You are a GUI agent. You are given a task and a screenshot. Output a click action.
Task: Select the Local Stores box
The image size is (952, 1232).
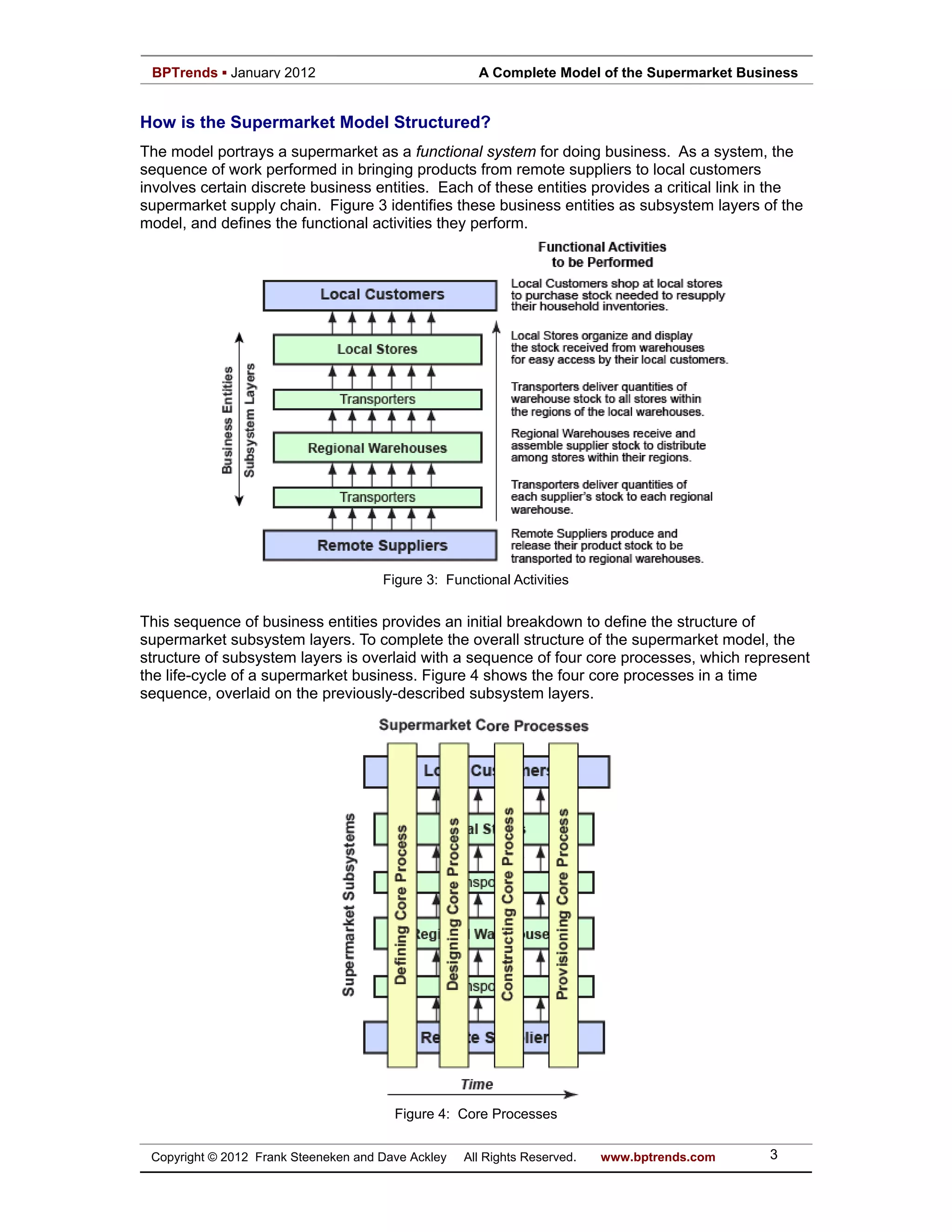coord(377,349)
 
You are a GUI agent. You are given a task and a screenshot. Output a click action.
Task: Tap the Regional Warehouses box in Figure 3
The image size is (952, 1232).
coord(377,448)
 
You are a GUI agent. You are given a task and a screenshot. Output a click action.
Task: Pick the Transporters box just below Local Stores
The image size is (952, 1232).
coord(377,399)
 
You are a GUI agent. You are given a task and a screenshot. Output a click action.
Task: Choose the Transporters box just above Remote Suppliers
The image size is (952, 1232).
coord(377,497)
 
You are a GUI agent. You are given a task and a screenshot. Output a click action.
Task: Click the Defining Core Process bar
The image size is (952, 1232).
coord(402,905)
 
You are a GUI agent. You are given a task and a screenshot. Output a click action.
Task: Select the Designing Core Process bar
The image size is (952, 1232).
coord(453,905)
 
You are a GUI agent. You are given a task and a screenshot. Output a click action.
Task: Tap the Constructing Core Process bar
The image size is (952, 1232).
coord(508,905)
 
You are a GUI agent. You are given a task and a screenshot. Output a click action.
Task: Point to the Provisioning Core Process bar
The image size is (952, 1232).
coord(563,905)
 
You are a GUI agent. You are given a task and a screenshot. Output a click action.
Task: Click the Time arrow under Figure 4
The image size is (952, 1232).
coord(482,1095)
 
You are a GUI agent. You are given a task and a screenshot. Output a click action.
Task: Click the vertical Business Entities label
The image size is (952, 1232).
coord(227,420)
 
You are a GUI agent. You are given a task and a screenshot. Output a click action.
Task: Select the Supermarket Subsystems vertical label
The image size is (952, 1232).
coord(349,905)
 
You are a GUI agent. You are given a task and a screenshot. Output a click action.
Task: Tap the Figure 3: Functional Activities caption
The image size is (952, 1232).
coord(476,580)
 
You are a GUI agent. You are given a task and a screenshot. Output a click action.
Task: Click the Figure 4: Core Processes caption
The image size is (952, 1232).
coord(476,1114)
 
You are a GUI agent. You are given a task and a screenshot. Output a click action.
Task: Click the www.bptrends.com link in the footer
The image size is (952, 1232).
coord(658,1157)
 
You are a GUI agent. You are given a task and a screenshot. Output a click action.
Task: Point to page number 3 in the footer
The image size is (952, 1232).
coord(774,1155)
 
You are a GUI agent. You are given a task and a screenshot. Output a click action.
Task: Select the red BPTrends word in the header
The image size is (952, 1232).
coord(185,73)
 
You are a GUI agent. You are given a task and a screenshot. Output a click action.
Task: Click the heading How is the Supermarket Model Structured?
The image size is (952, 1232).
coord(315,122)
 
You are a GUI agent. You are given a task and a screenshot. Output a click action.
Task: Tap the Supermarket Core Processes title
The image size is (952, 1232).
coord(483,725)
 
